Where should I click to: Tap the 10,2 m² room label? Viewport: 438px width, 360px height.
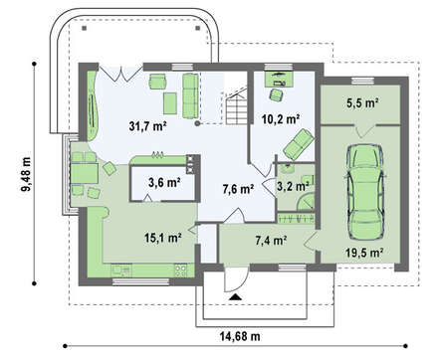[281, 118]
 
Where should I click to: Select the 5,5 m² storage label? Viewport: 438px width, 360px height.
[362, 103]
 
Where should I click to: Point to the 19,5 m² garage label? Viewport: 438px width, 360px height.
[364, 253]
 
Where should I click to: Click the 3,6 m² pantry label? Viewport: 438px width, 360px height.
[164, 182]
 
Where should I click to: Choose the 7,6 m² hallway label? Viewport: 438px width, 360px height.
[238, 189]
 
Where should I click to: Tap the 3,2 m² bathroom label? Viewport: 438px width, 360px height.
[293, 187]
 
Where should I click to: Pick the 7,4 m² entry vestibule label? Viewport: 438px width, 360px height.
[271, 241]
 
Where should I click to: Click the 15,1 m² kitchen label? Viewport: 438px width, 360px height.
[162, 238]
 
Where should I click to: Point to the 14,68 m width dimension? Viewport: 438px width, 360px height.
[240, 336]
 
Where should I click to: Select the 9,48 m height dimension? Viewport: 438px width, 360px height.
[26, 174]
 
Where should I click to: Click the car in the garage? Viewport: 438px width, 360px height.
[365, 192]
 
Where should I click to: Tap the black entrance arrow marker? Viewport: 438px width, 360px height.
[235, 296]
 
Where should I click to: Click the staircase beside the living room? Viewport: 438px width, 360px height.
[237, 105]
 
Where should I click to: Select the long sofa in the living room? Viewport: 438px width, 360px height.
[190, 95]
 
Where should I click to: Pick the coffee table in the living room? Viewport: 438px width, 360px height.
[170, 103]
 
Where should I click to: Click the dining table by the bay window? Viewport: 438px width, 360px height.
[85, 173]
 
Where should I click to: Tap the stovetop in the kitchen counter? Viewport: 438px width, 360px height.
[180, 270]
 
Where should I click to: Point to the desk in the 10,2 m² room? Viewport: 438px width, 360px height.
[279, 79]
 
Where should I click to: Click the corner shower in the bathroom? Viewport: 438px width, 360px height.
[307, 202]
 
